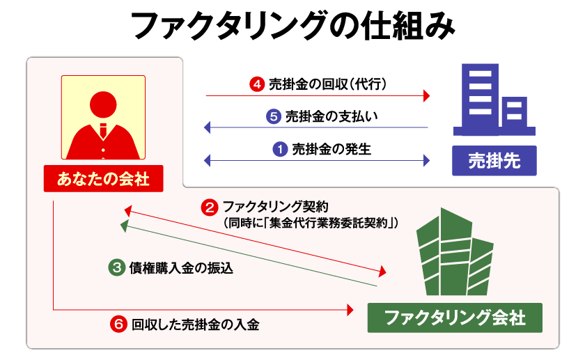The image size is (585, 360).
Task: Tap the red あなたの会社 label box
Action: (x=103, y=179)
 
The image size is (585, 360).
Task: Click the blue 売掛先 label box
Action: (x=494, y=161)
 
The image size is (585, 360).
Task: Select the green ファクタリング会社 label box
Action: (x=455, y=318)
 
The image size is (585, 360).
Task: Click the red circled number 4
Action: (x=257, y=84)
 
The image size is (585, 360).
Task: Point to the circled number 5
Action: (x=274, y=117)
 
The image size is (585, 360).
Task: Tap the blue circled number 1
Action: (x=280, y=149)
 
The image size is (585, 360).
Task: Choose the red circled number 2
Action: (x=210, y=208)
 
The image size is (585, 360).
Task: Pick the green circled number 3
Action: (x=117, y=268)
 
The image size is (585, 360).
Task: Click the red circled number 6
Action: (x=118, y=324)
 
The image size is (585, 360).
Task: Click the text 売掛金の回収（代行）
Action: (x=327, y=84)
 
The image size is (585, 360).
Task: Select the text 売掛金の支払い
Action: (x=331, y=117)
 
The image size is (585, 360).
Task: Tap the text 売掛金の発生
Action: (x=331, y=149)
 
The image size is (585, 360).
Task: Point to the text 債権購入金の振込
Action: (x=181, y=268)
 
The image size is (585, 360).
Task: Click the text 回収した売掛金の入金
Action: (x=195, y=324)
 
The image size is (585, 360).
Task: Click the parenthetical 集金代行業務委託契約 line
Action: (x=311, y=223)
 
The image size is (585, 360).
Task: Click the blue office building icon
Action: (x=494, y=100)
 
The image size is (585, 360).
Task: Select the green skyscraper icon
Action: (x=455, y=252)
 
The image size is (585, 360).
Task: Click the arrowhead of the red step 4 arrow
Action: (x=427, y=96)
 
